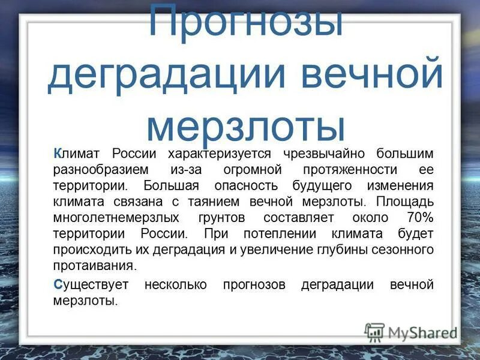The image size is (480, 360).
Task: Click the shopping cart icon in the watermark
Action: click(374, 331)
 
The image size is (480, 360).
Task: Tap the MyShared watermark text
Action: click(422, 332)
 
